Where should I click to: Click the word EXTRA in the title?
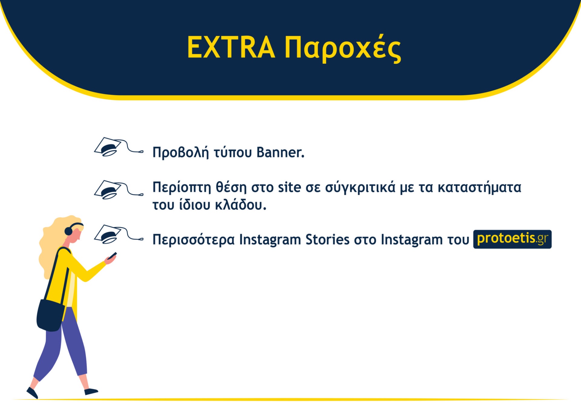231,47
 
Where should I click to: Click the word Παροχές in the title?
343,48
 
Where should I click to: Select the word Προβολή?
181,152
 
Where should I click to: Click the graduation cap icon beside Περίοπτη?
119,190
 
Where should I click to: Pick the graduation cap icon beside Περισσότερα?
119,234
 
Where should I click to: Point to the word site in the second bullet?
290,187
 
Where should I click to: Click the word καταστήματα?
479,187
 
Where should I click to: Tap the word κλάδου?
241,205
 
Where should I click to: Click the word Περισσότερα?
194,240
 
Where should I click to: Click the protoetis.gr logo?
512,239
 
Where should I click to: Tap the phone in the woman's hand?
113,255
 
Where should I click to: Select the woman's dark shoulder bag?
50,315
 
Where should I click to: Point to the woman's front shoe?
91,391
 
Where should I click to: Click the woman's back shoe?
32,393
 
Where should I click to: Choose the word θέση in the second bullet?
231,187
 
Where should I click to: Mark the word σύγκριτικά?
360,187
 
